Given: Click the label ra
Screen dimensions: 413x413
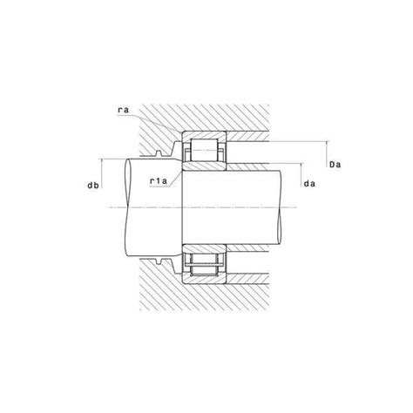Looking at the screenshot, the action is click(123, 110).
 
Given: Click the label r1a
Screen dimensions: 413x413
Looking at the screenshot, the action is click(159, 181).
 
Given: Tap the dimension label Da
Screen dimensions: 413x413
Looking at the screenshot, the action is click(335, 165).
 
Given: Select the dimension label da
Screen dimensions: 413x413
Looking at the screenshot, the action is click(309, 184).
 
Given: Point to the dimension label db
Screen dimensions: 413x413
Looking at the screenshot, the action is click(93, 185).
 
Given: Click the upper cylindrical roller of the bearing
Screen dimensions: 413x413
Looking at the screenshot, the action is click(204, 150).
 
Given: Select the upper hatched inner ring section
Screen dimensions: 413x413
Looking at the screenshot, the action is click(204, 166).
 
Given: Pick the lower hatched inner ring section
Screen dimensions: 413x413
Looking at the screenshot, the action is click(204, 248).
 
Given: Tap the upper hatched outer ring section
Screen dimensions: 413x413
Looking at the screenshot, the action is click(204, 135).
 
